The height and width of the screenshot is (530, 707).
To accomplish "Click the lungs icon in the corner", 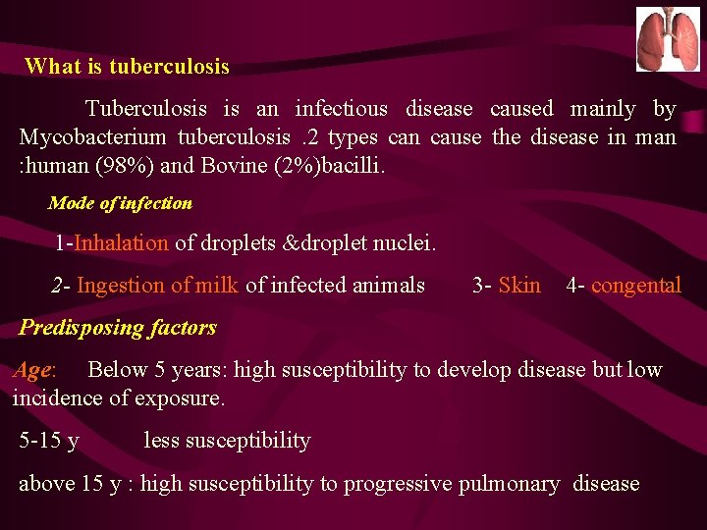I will [x=668, y=39].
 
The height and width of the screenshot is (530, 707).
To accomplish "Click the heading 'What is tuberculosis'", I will [x=127, y=67].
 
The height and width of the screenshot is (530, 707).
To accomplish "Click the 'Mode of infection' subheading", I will [x=120, y=203].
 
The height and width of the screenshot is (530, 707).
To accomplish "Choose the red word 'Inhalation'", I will [x=122, y=243].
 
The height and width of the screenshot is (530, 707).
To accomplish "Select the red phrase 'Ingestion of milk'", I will [x=157, y=286].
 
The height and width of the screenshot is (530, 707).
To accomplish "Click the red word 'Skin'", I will [x=519, y=286].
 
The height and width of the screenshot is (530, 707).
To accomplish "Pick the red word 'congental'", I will [x=635, y=286].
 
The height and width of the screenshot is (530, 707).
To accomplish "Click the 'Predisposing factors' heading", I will [x=118, y=328].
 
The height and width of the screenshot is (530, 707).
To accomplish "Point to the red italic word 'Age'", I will [x=32, y=370].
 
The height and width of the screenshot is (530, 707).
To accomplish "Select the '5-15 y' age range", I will [x=49, y=441].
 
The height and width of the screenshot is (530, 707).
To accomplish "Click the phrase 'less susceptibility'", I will [x=227, y=441].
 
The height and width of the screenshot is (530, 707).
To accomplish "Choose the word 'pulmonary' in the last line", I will [x=512, y=484].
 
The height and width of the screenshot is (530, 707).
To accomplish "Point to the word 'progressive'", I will [x=402, y=484].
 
